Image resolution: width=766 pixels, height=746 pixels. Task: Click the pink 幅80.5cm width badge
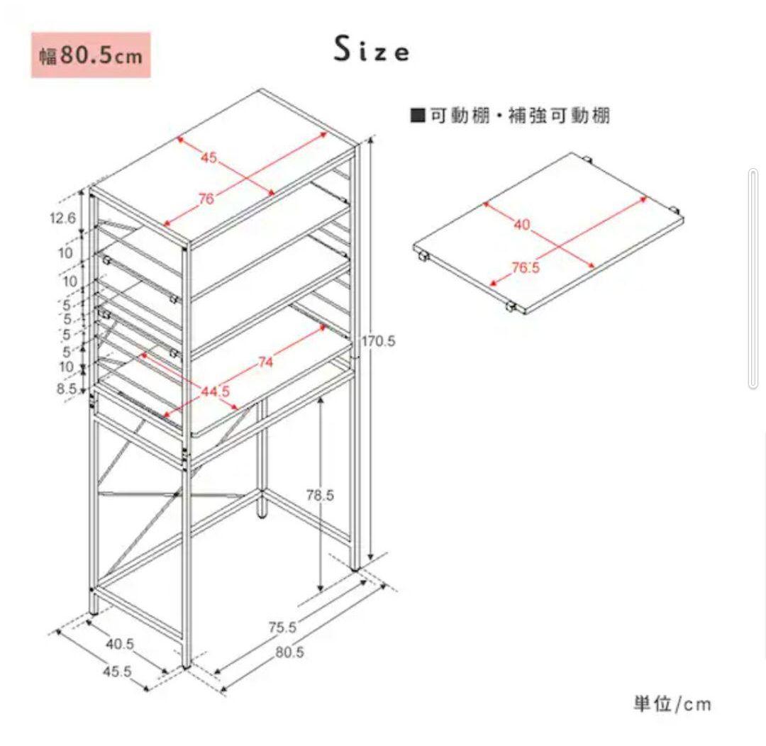[91, 55]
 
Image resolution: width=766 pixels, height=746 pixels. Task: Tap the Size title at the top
[372, 50]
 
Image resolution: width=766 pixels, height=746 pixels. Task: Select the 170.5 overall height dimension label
[379, 341]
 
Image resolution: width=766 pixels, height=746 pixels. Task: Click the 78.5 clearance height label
[320, 495]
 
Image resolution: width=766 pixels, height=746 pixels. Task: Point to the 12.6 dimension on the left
[62, 218]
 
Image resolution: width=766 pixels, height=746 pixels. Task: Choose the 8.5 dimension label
[67, 389]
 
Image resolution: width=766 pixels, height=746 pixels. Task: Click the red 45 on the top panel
[209, 158]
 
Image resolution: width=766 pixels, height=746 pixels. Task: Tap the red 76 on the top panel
[206, 199]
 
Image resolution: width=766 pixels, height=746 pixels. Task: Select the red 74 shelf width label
[265, 362]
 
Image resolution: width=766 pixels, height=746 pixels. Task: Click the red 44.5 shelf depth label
[216, 391]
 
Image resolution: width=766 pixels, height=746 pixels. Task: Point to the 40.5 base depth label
[120, 644]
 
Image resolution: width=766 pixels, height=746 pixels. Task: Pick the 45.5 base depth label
[117, 672]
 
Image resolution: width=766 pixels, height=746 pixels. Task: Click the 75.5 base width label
[283, 627]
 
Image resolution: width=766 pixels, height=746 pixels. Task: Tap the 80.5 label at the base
[289, 652]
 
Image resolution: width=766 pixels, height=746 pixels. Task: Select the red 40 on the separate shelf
[522, 224]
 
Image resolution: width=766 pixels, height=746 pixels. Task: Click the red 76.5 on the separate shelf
[526, 267]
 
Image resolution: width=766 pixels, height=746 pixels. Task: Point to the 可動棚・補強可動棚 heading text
[521, 116]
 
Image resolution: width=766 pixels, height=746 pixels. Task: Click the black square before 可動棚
[418, 116]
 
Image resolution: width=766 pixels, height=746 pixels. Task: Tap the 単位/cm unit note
[672, 704]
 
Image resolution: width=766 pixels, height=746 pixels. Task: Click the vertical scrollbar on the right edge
[753, 279]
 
